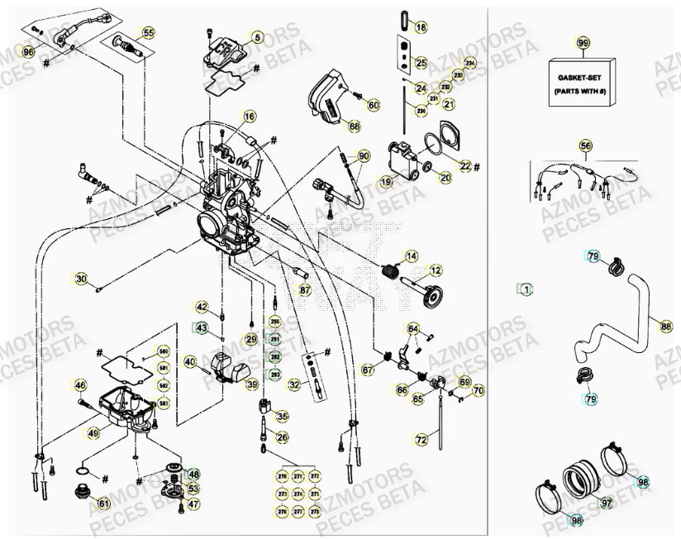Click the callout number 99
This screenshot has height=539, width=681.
click(583, 42)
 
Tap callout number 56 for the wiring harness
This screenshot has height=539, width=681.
click(585, 145)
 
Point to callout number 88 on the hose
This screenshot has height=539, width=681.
click(666, 326)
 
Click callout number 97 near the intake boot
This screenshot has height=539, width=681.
click(606, 502)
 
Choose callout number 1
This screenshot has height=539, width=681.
click(526, 289)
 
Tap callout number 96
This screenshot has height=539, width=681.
click(29, 52)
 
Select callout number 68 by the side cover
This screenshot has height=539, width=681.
click(354, 126)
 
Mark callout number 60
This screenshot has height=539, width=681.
click(373, 105)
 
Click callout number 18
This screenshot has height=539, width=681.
click(421, 28)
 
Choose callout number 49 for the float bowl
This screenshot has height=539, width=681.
click(93, 432)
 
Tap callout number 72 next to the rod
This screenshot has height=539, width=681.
click(421, 440)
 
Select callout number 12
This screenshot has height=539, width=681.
click(435, 270)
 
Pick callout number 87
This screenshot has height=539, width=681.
click(305, 290)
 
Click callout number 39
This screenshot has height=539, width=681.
click(251, 384)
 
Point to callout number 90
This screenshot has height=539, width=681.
click(364, 155)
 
